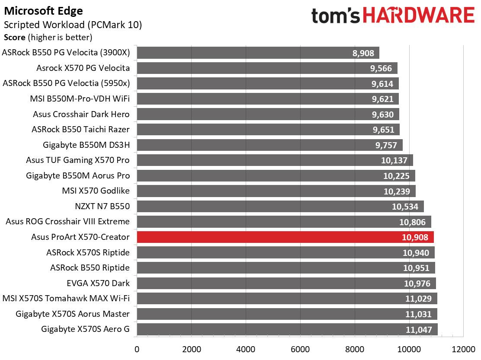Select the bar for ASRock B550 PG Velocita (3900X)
coord(258,53)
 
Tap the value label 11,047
coord(419,329)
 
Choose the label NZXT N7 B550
coord(102,206)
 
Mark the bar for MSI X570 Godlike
coord(276,191)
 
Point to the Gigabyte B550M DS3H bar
coord(269,145)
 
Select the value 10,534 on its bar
coord(405,207)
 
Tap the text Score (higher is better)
coord(48,38)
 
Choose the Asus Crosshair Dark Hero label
coord(81,114)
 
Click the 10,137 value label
coord(395,160)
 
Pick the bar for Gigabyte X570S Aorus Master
coord(287,314)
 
